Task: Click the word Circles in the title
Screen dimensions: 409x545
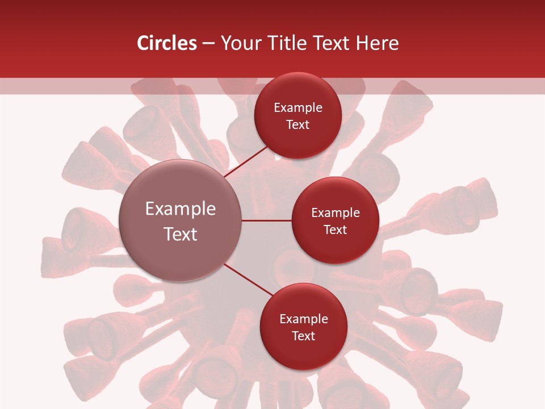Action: click(x=166, y=43)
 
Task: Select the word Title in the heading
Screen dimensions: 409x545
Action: click(x=290, y=43)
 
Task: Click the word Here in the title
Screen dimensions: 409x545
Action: click(x=377, y=43)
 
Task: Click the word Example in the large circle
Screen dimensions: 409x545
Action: click(x=181, y=209)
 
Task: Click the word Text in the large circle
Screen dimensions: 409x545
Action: click(x=181, y=234)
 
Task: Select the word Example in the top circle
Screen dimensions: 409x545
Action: click(x=298, y=108)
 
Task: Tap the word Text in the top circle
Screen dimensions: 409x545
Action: click(x=298, y=125)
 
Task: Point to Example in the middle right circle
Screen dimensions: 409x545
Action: click(x=335, y=213)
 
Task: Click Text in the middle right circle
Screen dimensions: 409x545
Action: click(x=335, y=230)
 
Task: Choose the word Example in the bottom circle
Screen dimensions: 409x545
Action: click(x=303, y=319)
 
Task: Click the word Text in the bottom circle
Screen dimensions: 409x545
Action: click(x=303, y=336)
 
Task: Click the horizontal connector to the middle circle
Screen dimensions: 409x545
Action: click(x=267, y=220)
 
